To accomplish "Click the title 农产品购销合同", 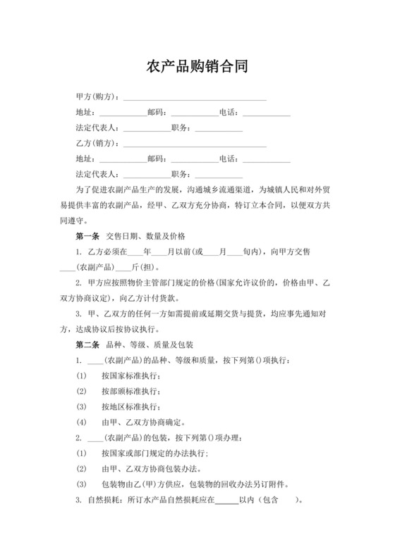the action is (197, 67).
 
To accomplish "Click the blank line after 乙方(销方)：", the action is (195, 144).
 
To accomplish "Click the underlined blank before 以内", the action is (226, 501).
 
